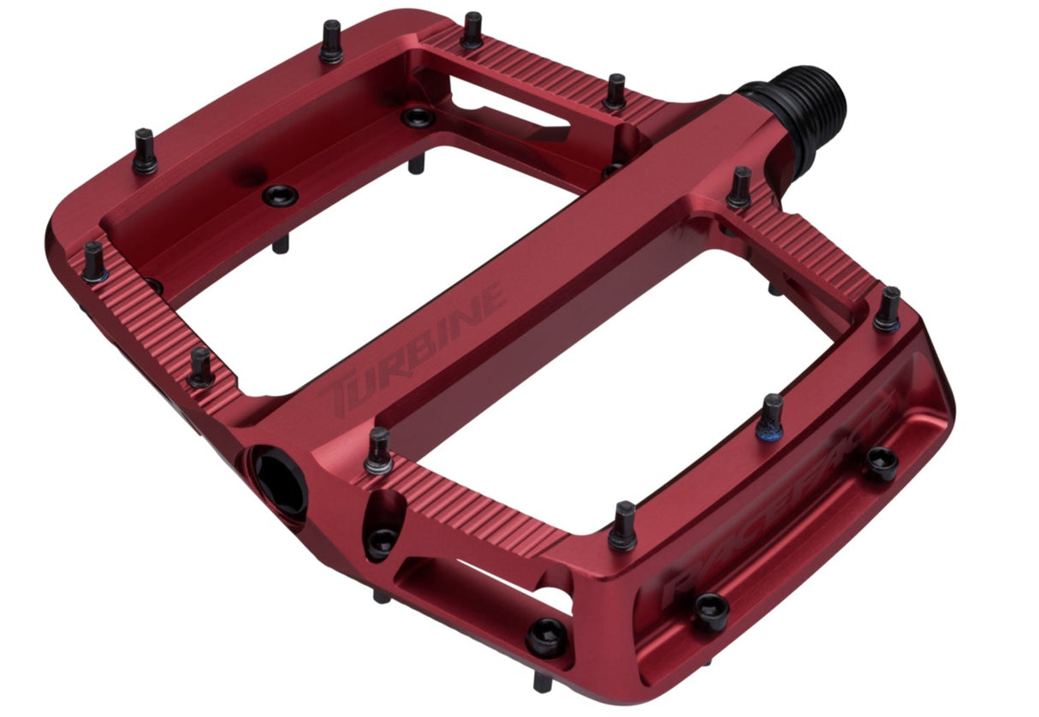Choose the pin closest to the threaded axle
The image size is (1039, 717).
coord(739,188)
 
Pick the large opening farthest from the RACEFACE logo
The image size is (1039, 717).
coord(359,257)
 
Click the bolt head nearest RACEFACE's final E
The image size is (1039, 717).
coord(882,463)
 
